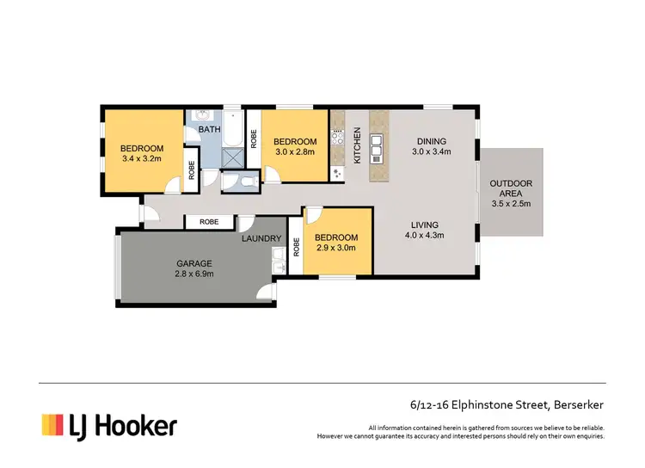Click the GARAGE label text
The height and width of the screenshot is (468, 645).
coord(195,263)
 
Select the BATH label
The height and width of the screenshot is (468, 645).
coord(209,130)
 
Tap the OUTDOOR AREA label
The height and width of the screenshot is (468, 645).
coord(511,189)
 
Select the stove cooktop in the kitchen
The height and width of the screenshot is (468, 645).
coord(338,136)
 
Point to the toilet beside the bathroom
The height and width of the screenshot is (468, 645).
coord(239,181)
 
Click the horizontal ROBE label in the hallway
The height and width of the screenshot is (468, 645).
coord(209,222)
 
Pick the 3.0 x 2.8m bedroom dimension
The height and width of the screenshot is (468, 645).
coord(295,153)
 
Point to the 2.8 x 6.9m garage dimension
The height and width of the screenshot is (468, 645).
coord(195,274)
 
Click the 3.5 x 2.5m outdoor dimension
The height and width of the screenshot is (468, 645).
coord(511,204)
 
